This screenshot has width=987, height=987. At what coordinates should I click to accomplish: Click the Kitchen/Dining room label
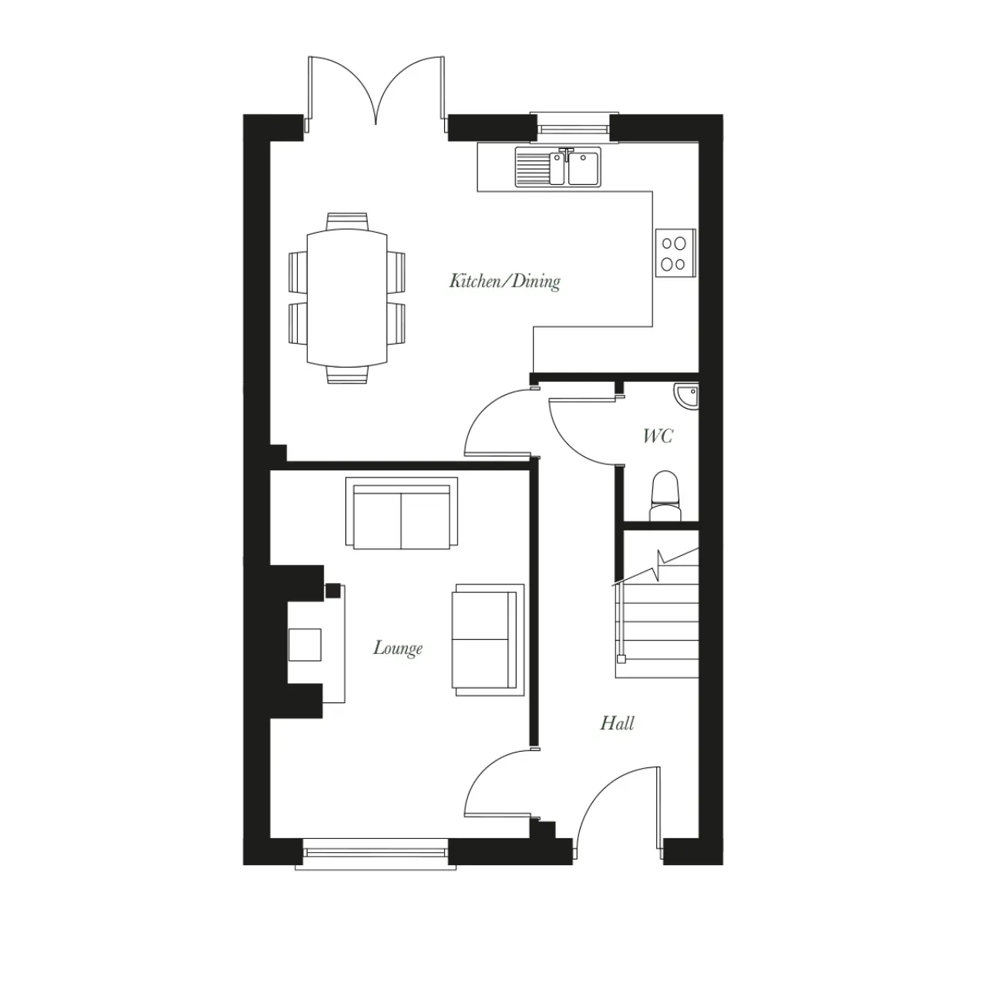click(504, 281)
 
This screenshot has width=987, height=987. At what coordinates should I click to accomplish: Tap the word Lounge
click(397, 648)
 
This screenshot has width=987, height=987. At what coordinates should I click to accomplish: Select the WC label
click(658, 436)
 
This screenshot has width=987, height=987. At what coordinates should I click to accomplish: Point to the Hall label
click(617, 723)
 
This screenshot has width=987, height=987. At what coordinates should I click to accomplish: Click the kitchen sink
click(558, 167)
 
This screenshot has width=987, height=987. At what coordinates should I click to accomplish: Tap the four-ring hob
click(675, 254)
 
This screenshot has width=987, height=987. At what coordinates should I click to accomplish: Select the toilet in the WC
click(665, 497)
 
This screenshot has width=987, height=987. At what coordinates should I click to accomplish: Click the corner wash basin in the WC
click(687, 396)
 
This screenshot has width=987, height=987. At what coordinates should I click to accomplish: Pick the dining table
click(347, 298)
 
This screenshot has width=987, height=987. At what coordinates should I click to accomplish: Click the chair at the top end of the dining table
click(347, 221)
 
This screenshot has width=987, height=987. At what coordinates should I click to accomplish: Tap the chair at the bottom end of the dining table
click(347, 375)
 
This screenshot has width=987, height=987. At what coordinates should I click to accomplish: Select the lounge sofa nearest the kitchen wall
click(402, 514)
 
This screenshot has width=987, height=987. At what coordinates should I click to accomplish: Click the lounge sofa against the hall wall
click(488, 640)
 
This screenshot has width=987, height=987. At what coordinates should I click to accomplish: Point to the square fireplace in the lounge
click(305, 645)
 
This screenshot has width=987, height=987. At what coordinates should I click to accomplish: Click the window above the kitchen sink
click(574, 124)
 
